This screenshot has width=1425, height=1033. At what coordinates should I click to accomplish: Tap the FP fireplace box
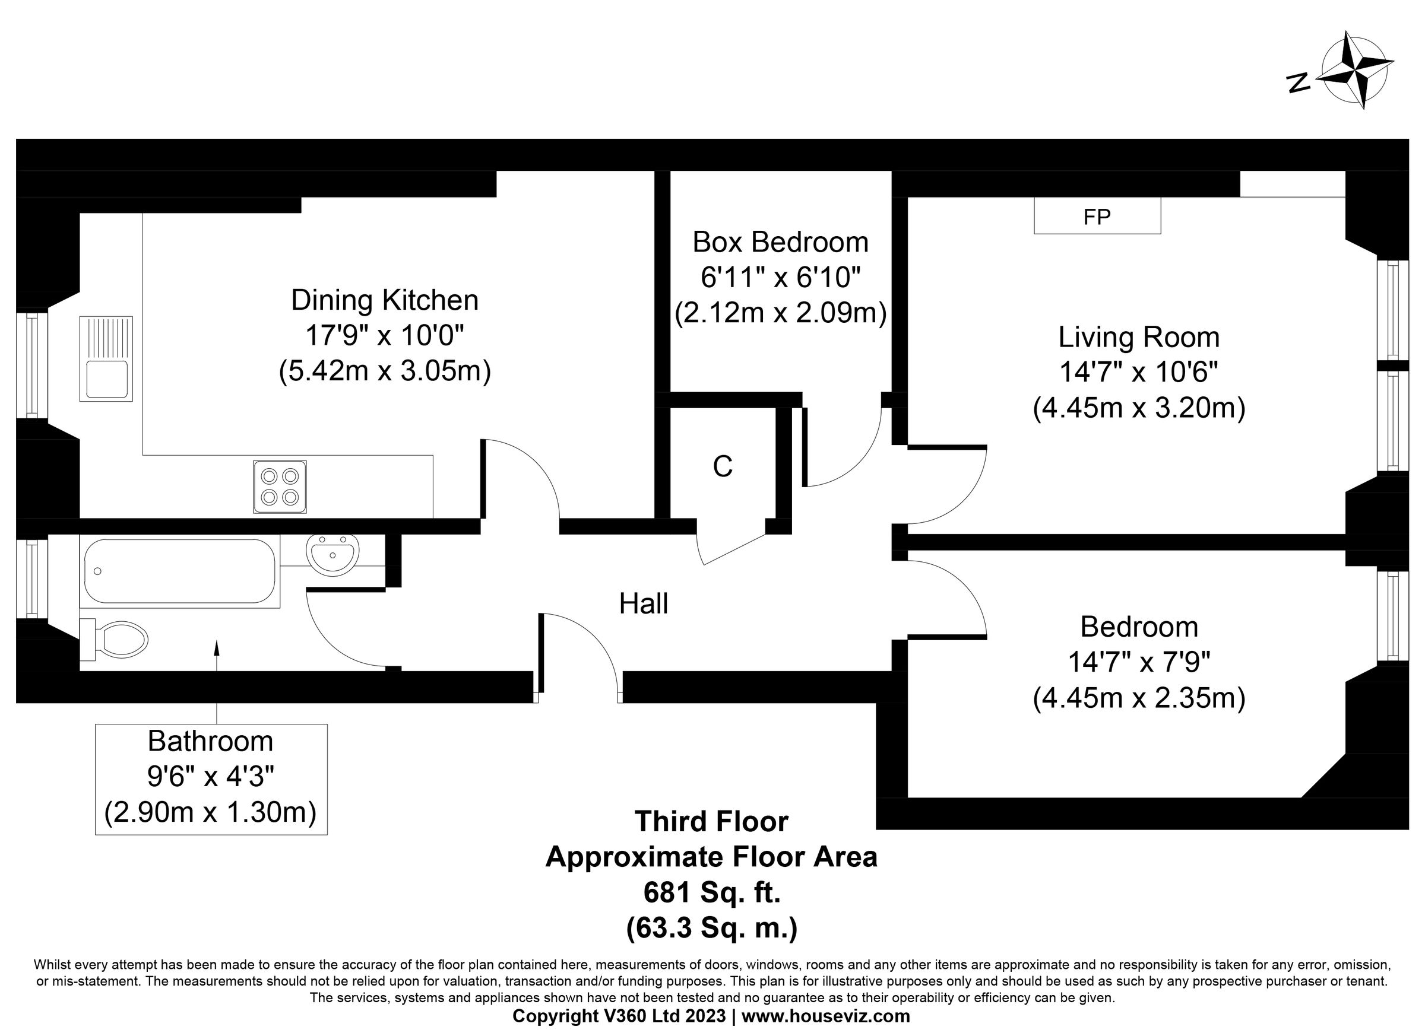point(1097,216)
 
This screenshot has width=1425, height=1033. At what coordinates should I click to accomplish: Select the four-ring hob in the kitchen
point(280,487)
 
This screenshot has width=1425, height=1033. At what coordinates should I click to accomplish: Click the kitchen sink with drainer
point(106,358)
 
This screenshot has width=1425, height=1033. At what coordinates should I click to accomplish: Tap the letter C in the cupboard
point(723,466)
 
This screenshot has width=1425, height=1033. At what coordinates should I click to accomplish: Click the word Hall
point(644,603)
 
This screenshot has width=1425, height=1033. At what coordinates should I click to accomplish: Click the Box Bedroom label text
point(780,241)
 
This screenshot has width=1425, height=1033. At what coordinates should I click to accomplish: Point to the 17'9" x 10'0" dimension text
point(385,335)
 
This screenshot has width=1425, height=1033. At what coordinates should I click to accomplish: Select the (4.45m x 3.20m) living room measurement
point(1138,408)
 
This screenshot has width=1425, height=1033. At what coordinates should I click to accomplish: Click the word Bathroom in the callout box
point(210,741)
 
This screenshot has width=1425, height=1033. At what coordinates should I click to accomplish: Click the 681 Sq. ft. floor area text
point(712,891)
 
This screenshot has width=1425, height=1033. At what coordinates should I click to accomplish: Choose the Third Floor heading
point(711,821)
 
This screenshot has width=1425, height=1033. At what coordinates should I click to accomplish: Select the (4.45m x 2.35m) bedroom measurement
point(1138,698)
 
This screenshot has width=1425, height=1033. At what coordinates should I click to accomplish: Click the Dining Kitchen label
point(385,300)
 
